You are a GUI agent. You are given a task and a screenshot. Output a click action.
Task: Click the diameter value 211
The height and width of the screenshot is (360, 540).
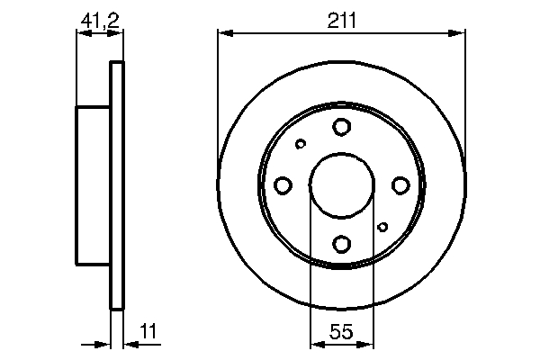click(342, 19)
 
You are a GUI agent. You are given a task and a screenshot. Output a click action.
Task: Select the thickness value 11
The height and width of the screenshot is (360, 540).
click(148, 333)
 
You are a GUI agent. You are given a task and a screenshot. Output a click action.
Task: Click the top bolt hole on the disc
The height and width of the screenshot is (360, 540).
click(342, 127)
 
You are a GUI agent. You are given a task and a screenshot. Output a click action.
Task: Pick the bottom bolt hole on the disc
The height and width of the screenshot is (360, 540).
click(342, 243)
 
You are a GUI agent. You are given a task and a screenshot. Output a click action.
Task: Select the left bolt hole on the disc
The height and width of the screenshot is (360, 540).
click(283, 185)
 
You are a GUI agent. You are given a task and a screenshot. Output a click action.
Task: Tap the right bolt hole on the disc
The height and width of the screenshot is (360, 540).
click(400, 185)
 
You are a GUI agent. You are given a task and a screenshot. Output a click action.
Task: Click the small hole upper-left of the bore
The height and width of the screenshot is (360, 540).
click(301, 143)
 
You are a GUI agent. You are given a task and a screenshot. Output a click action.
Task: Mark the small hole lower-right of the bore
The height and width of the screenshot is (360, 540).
click(383, 227)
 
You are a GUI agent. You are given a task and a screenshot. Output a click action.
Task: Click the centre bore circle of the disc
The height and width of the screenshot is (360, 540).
click(342, 185)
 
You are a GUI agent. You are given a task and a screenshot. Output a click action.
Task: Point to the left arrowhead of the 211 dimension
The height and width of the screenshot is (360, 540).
click(224, 34)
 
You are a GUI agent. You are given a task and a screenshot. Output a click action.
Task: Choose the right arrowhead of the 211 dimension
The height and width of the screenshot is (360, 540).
click(460, 34)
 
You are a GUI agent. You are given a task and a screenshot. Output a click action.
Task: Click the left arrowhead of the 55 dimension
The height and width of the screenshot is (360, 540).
click(315, 343)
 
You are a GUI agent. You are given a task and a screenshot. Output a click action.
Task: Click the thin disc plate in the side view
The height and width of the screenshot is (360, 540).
click(115, 185)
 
